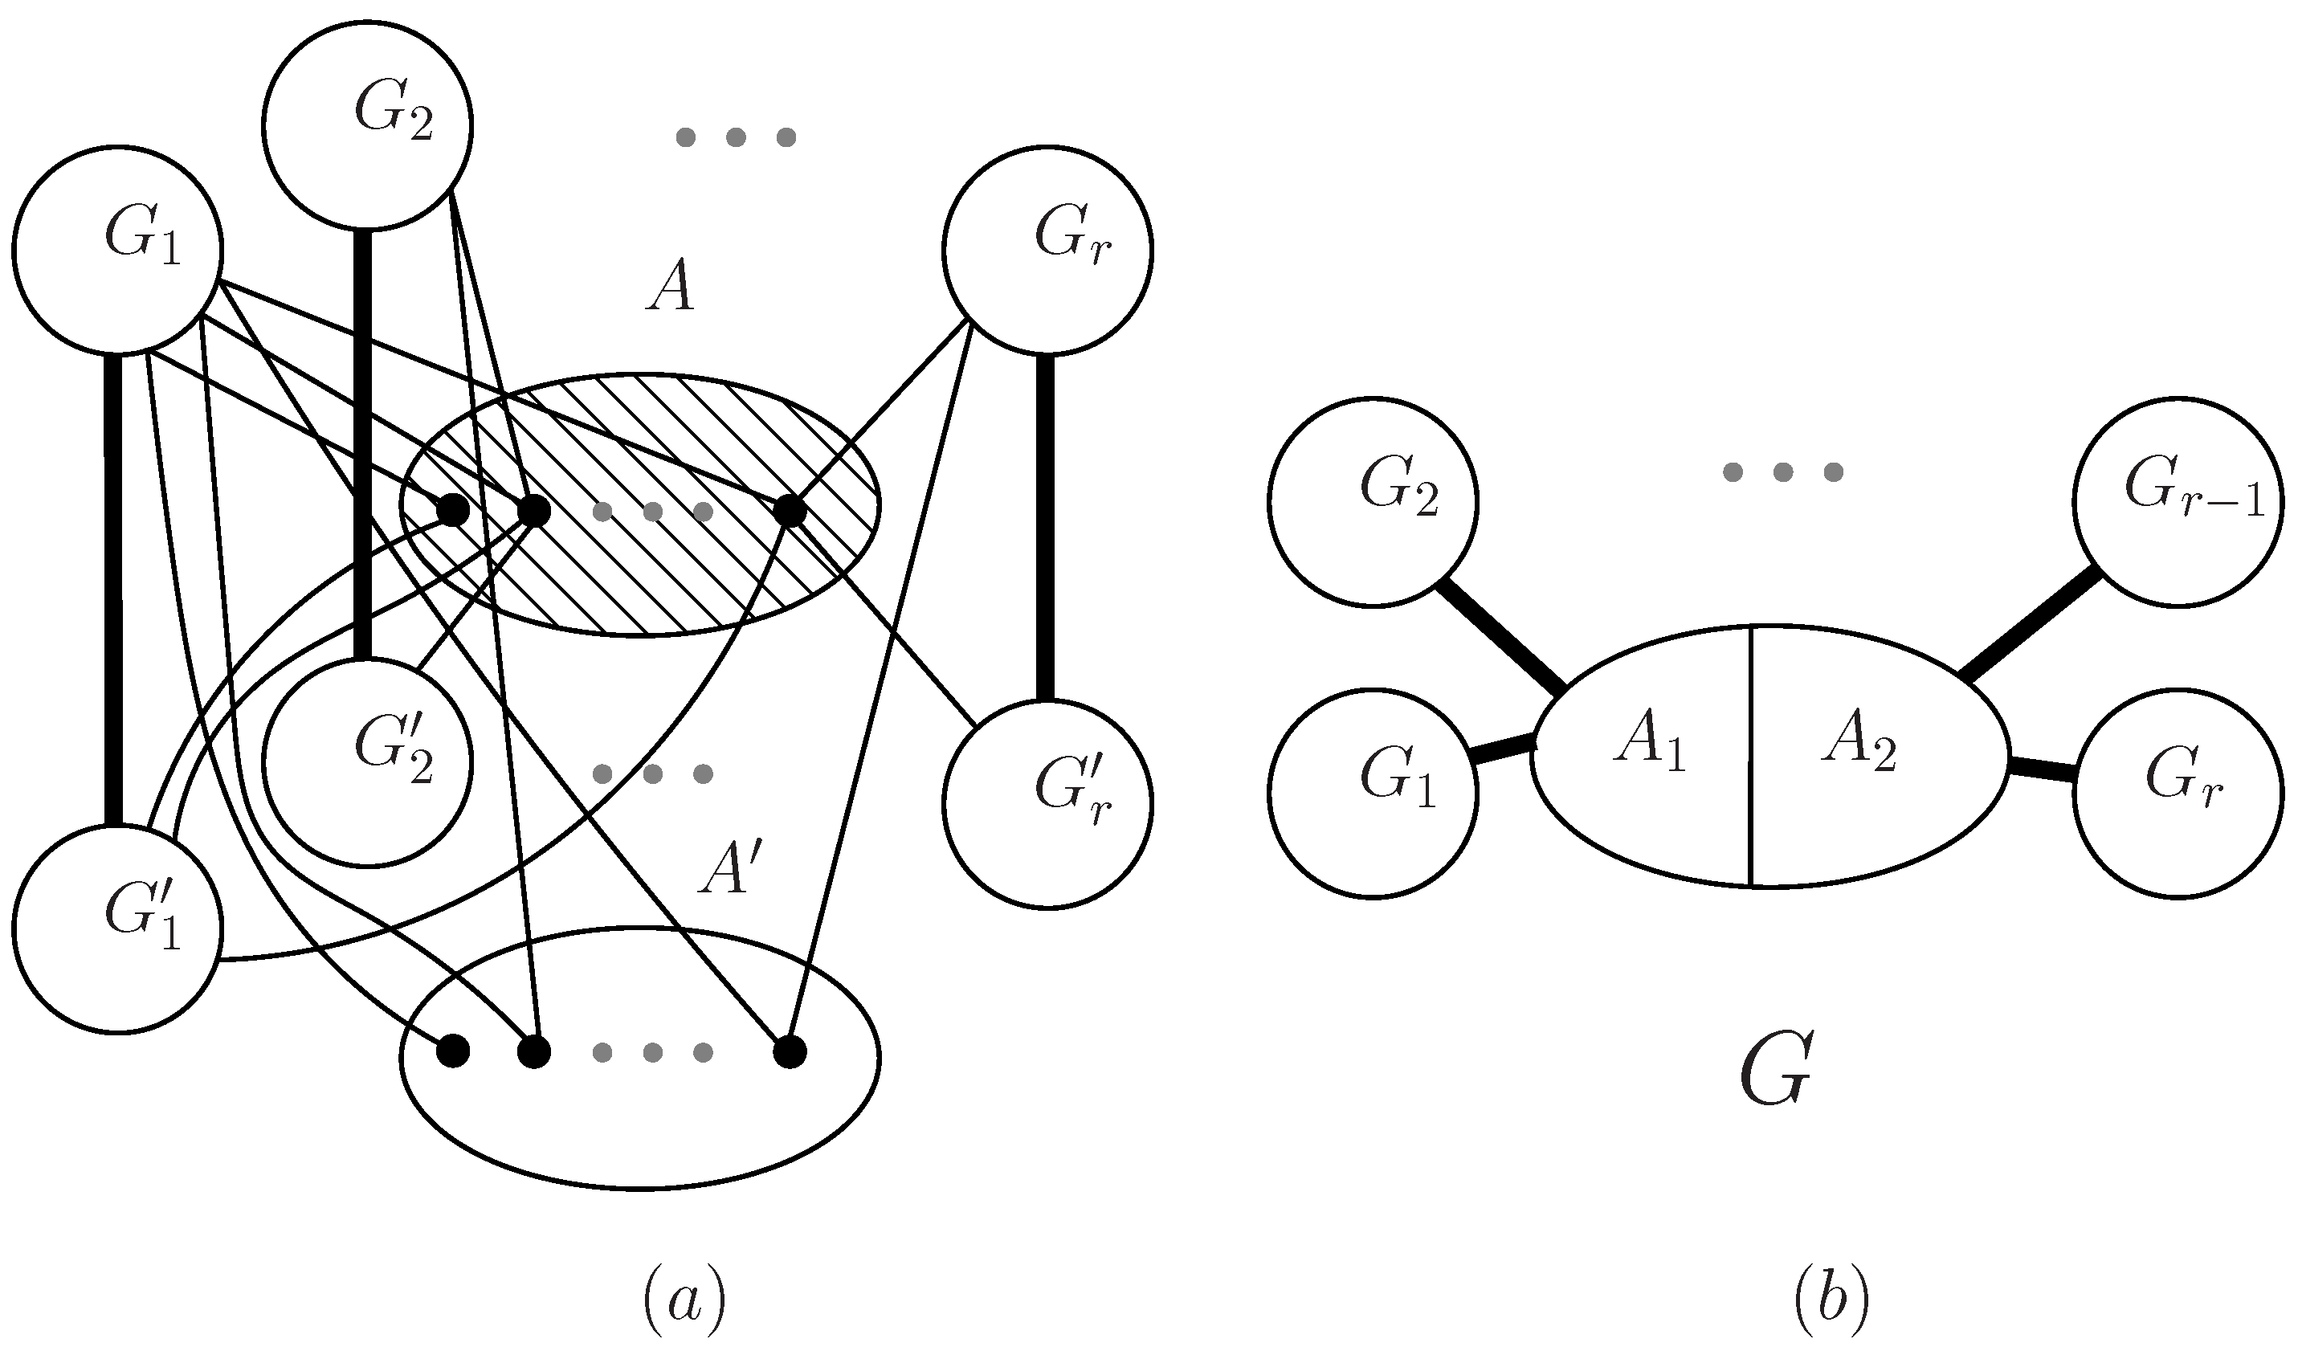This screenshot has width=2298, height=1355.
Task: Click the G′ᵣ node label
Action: point(1074,795)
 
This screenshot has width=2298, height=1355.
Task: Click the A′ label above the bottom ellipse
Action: point(729,868)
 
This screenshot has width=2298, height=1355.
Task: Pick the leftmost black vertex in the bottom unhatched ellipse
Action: point(453,1052)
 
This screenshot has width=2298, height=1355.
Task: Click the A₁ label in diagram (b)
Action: point(1650,743)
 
